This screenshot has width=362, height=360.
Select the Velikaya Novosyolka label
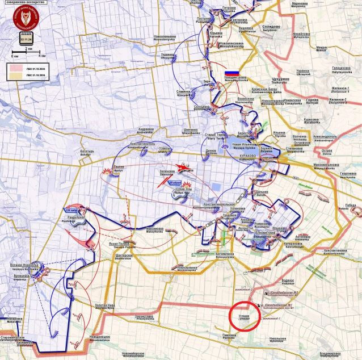pyautogui.click(x=24, y=266)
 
